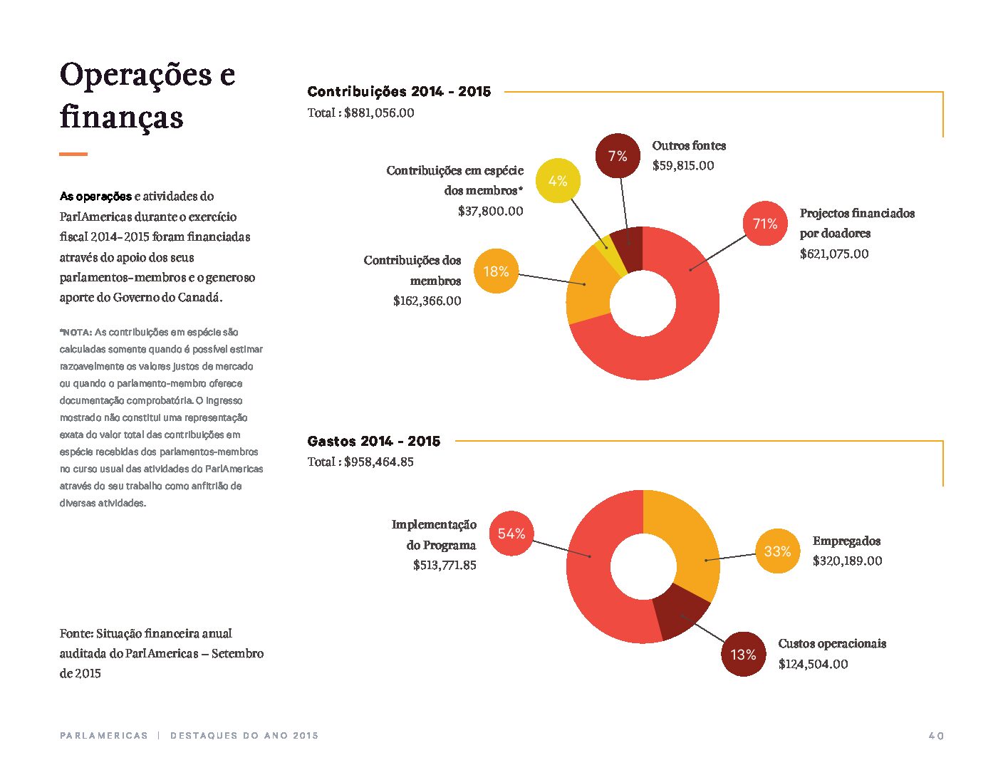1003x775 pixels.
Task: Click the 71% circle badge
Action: pyautogui.click(x=765, y=224)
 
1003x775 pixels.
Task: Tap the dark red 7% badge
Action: pyautogui.click(x=618, y=156)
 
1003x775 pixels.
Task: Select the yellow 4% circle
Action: pyautogui.click(x=558, y=180)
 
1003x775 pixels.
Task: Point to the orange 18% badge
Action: pyautogui.click(x=497, y=271)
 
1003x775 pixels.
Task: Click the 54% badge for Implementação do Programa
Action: pyautogui.click(x=511, y=534)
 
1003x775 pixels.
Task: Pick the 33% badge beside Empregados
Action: pyautogui.click(x=778, y=551)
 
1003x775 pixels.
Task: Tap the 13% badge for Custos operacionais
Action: pyautogui.click(x=744, y=654)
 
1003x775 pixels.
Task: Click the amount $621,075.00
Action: pyautogui.click(x=834, y=254)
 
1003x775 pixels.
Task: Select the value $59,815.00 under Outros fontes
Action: pyautogui.click(x=682, y=166)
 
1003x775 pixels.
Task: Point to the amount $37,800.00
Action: pyautogui.click(x=490, y=212)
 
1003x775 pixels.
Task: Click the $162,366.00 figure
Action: pyautogui.click(x=427, y=301)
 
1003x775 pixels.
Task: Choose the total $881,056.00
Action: pyautogui.click(x=379, y=113)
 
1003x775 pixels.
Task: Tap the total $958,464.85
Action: pyautogui.click(x=378, y=462)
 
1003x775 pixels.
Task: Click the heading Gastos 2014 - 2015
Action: pyautogui.click(x=374, y=441)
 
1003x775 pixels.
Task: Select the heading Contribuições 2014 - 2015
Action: pyautogui.click(x=399, y=91)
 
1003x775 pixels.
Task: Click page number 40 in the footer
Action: pyautogui.click(x=936, y=736)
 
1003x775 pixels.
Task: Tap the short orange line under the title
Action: pyautogui.click(x=73, y=154)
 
